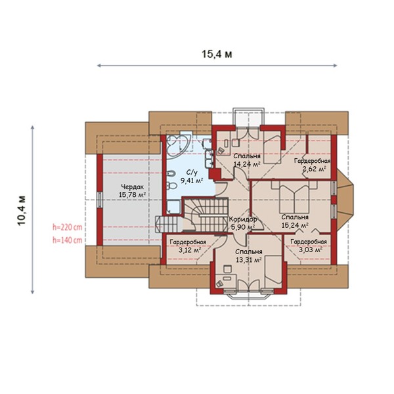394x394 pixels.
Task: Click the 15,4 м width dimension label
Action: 217,54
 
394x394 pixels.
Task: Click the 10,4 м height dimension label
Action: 22,210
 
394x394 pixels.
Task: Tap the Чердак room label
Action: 133,187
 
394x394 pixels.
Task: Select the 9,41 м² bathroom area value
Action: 192,180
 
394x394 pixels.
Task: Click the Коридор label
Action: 243,219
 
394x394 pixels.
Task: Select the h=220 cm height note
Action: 68,227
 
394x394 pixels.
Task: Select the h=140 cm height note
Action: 68,240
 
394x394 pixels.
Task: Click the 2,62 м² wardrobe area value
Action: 315,169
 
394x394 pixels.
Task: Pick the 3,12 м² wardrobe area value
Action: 190,250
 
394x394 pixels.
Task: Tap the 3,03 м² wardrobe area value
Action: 311,250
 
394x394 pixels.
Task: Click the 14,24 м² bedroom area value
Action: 247,164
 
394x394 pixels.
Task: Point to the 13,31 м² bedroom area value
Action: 249,260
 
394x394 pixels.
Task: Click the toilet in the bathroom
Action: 171,186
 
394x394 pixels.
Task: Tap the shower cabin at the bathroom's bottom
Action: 173,208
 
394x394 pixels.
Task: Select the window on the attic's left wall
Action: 100,200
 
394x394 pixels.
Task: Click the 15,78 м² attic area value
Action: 133,195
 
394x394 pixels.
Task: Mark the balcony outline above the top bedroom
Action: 249,117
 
